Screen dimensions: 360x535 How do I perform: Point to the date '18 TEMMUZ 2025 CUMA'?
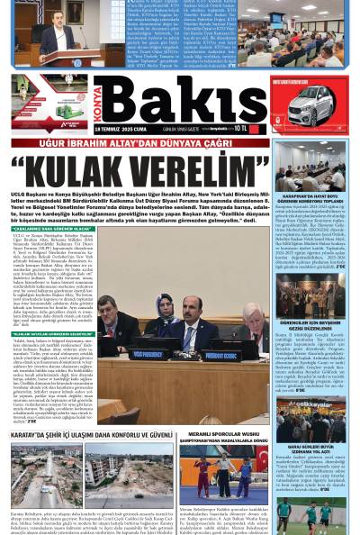[140, 129]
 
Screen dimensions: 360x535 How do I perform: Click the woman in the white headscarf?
[166, 311]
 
